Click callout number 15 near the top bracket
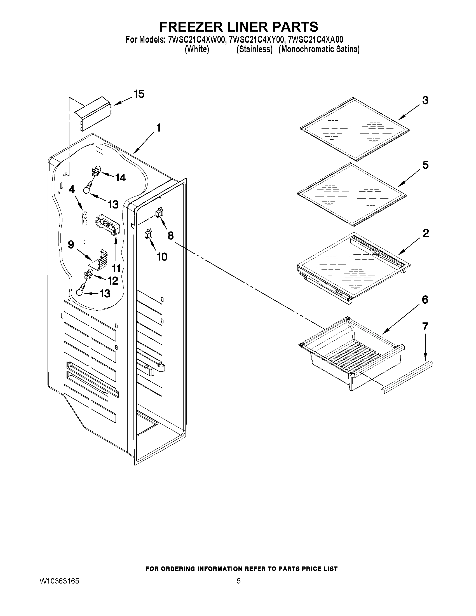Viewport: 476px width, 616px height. click(x=139, y=94)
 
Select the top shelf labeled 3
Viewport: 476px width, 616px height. click(x=355, y=129)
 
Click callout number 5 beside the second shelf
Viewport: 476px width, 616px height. click(x=425, y=165)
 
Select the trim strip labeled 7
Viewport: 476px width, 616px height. click(x=407, y=377)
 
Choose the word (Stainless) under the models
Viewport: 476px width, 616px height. click(x=255, y=49)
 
